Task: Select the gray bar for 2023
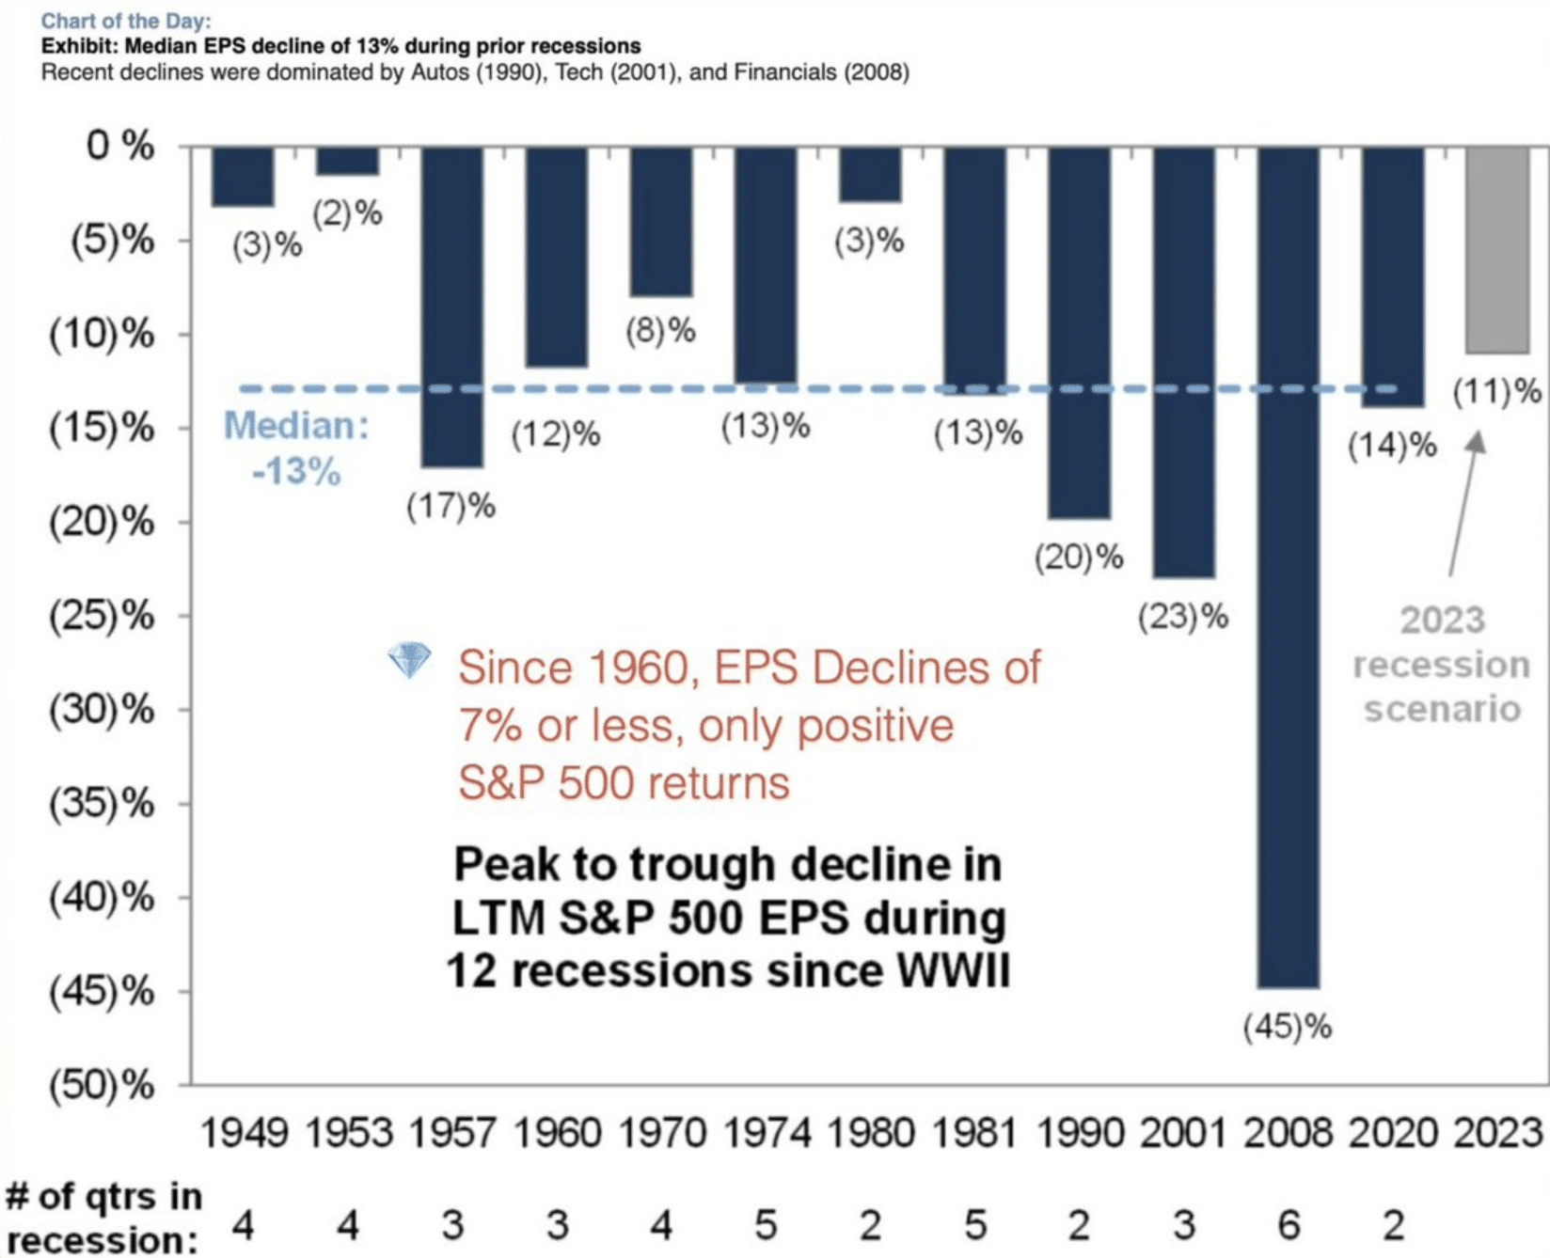tap(1496, 250)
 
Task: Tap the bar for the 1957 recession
tap(451, 307)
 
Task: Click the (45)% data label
tap(1287, 1028)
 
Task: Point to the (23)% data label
tap(1183, 618)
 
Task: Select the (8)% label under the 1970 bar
tap(661, 330)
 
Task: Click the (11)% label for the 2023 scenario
tap(1497, 391)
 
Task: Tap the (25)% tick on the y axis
tap(102, 616)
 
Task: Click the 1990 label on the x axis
tap(1079, 1133)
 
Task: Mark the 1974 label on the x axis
tap(766, 1133)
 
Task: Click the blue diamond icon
tap(409, 660)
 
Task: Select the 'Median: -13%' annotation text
tap(296, 448)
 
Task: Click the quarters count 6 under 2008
tap(1288, 1225)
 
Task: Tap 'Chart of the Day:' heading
tap(126, 21)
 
